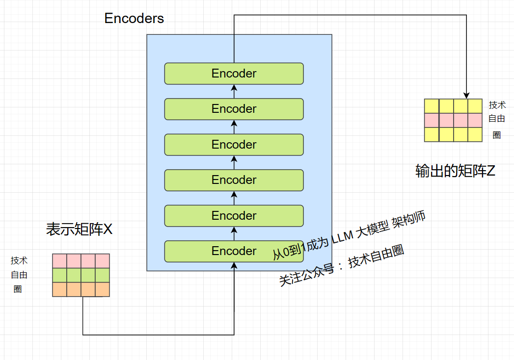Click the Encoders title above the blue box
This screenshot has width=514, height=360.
[134, 18]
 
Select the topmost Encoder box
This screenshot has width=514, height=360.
[234, 74]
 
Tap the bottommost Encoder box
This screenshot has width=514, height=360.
[234, 251]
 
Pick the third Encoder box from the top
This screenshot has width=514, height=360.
[234, 145]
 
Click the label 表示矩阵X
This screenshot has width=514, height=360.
[80, 229]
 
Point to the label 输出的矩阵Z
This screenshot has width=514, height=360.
[455, 171]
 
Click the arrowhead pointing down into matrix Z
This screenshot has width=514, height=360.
[466, 95]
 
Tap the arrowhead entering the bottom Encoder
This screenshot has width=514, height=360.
[234, 266]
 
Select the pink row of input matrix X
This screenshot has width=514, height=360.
[81, 261]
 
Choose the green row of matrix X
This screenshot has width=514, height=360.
[81, 275]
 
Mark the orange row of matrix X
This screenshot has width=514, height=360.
[81, 289]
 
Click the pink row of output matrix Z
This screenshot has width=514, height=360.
[453, 120]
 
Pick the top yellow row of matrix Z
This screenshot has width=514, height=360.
[453, 106]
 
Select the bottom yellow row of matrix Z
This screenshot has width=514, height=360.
[453, 134]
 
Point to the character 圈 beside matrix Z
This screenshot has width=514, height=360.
[497, 135]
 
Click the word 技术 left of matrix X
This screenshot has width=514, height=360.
[19, 261]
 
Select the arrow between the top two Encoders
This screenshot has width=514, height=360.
[234, 91]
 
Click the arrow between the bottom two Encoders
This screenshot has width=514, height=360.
[234, 234]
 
